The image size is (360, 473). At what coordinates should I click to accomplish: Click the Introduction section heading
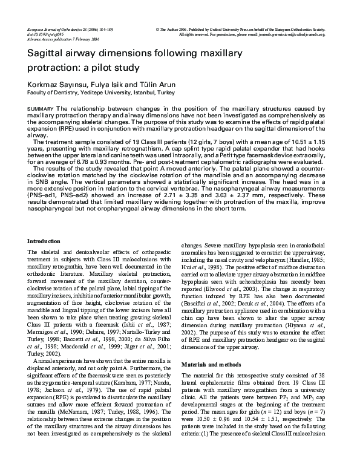[x=44, y=241]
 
